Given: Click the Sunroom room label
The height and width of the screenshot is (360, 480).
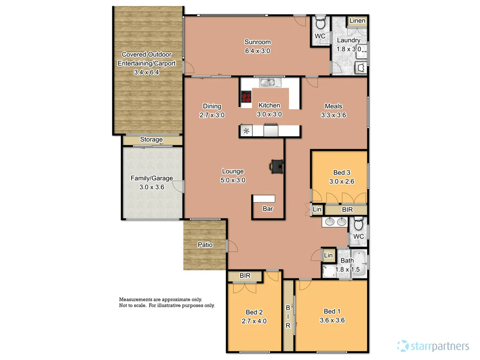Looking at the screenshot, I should click(x=257, y=42).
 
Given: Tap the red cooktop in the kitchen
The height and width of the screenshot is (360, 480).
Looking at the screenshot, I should click(x=246, y=97).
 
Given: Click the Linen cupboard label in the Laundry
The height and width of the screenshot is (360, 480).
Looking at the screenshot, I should click(x=357, y=21).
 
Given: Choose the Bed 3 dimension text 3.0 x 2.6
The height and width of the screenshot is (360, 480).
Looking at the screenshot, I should click(x=342, y=181).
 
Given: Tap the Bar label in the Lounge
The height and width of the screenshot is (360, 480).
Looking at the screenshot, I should click(x=268, y=209).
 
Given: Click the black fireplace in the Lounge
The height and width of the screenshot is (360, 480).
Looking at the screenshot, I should click(x=277, y=165).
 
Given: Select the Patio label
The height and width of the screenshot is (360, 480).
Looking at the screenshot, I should click(x=205, y=245).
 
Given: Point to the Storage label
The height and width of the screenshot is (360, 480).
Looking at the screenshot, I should click(x=151, y=140).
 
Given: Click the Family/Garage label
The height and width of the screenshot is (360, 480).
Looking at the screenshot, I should click(x=151, y=178).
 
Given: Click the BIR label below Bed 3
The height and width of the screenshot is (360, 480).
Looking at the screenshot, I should click(x=347, y=210).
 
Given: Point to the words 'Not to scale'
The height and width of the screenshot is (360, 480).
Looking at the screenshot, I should click(x=132, y=305).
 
